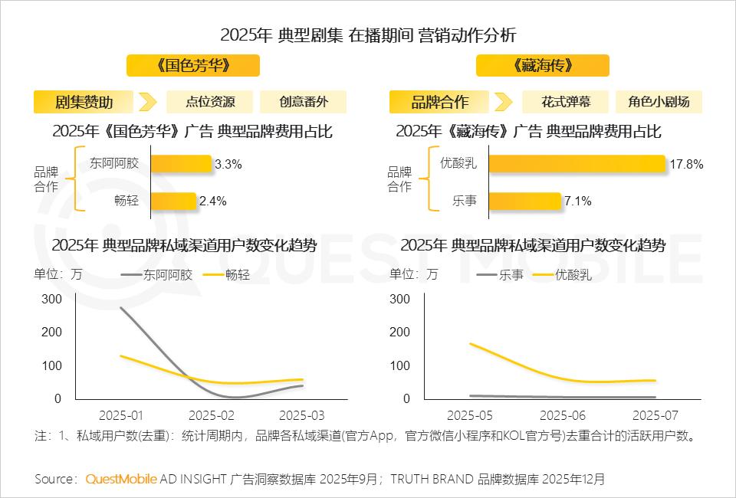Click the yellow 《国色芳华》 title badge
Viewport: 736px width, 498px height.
[192, 65]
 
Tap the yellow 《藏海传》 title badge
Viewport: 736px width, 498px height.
[543, 65]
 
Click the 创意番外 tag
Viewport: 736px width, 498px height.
[303, 102]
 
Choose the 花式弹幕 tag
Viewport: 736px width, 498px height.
[566, 102]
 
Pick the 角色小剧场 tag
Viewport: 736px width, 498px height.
[659, 102]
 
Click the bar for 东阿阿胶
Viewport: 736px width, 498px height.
[181, 163]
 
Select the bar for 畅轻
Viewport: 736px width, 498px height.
[173, 201]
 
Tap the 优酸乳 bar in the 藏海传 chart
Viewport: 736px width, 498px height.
[577, 163]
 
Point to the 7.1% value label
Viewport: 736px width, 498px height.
[578, 201]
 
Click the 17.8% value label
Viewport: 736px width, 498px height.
[685, 163]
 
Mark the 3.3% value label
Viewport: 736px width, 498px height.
[228, 163]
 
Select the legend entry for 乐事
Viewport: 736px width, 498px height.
[500, 274]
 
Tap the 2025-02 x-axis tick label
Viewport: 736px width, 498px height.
[212, 415]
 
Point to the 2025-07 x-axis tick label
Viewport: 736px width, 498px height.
[655, 415]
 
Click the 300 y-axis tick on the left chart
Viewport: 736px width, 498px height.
[51, 298]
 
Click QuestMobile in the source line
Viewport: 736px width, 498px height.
[121, 479]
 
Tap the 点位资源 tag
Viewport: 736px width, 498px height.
[210, 102]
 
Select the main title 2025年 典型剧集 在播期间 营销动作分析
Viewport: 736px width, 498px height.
[368, 35]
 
